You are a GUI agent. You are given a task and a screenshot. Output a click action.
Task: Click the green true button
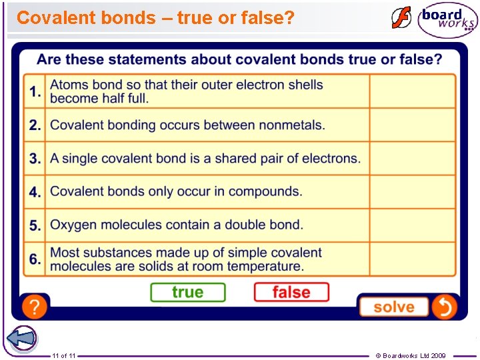(x=188, y=292)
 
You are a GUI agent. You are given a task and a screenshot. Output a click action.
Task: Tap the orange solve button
(x=393, y=307)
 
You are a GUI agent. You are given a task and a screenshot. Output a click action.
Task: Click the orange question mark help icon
(x=35, y=307)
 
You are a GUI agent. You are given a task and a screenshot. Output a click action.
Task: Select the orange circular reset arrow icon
(x=444, y=307)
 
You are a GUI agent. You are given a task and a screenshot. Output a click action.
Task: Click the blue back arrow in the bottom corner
(x=22, y=338)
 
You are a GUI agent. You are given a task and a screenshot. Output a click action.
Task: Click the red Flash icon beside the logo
(x=401, y=18)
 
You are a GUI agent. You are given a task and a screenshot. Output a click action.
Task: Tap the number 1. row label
(x=35, y=92)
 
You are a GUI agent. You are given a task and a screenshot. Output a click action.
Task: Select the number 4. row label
(x=35, y=192)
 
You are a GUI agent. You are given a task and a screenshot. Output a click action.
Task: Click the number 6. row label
(x=35, y=259)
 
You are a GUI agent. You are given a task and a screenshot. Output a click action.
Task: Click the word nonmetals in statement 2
(x=291, y=125)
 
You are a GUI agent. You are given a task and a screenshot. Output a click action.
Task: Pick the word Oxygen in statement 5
(x=73, y=225)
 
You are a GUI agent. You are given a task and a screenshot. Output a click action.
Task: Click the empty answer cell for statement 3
(x=412, y=158)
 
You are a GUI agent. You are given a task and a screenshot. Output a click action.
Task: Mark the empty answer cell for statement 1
(x=412, y=91)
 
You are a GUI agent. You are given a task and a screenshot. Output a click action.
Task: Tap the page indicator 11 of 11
(x=63, y=356)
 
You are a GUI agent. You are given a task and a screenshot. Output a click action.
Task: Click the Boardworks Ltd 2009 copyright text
(x=411, y=356)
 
